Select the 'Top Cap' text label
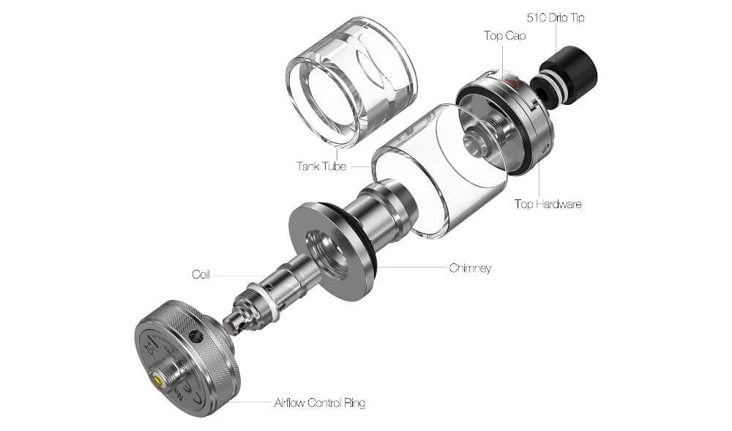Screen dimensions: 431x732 (504, 35)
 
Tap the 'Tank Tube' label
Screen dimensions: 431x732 (321, 166)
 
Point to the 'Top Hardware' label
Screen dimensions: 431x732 (548, 204)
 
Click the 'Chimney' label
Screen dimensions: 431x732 (470, 268)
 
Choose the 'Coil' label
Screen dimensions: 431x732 (201, 274)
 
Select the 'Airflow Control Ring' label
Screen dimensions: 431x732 (319, 402)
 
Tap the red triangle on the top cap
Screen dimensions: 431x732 (512, 82)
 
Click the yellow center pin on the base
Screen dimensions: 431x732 (157, 379)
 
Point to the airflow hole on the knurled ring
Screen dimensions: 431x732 (195, 335)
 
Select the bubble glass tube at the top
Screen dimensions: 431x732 (351, 88)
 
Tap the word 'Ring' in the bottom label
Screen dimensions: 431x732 (353, 402)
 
